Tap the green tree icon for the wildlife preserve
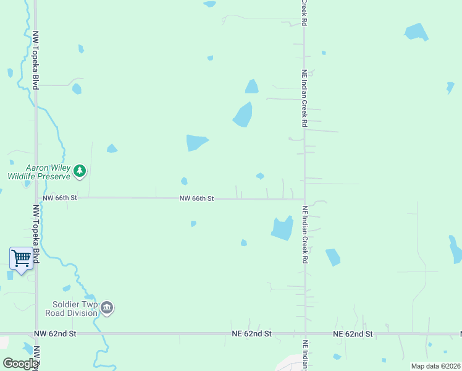tap(79, 171)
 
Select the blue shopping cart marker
tap(21, 258)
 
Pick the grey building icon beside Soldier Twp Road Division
tap(107, 308)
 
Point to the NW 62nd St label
tap(55, 333)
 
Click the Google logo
tap(20, 364)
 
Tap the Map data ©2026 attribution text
tap(435, 366)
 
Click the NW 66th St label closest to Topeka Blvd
tap(60, 198)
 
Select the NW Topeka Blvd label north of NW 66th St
tap(36, 61)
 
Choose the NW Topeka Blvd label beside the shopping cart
tap(36, 235)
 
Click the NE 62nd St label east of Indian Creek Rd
tap(353, 334)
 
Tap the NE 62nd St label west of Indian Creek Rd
tap(251, 334)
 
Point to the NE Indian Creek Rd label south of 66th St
tap(304, 236)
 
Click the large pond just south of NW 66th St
tap(282, 228)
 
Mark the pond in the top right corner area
tap(416, 32)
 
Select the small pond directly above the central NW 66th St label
tap(184, 181)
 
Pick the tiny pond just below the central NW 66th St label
tap(193, 224)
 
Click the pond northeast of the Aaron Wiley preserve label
tap(112, 148)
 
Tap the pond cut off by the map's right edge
tap(456, 249)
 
